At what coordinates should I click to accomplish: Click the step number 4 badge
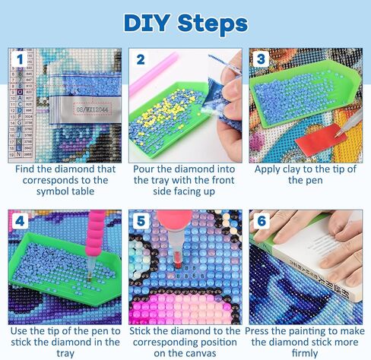17,222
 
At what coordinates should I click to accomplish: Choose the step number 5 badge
140,222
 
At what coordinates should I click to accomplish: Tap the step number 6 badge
262,222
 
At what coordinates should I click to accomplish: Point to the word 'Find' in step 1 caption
27,169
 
